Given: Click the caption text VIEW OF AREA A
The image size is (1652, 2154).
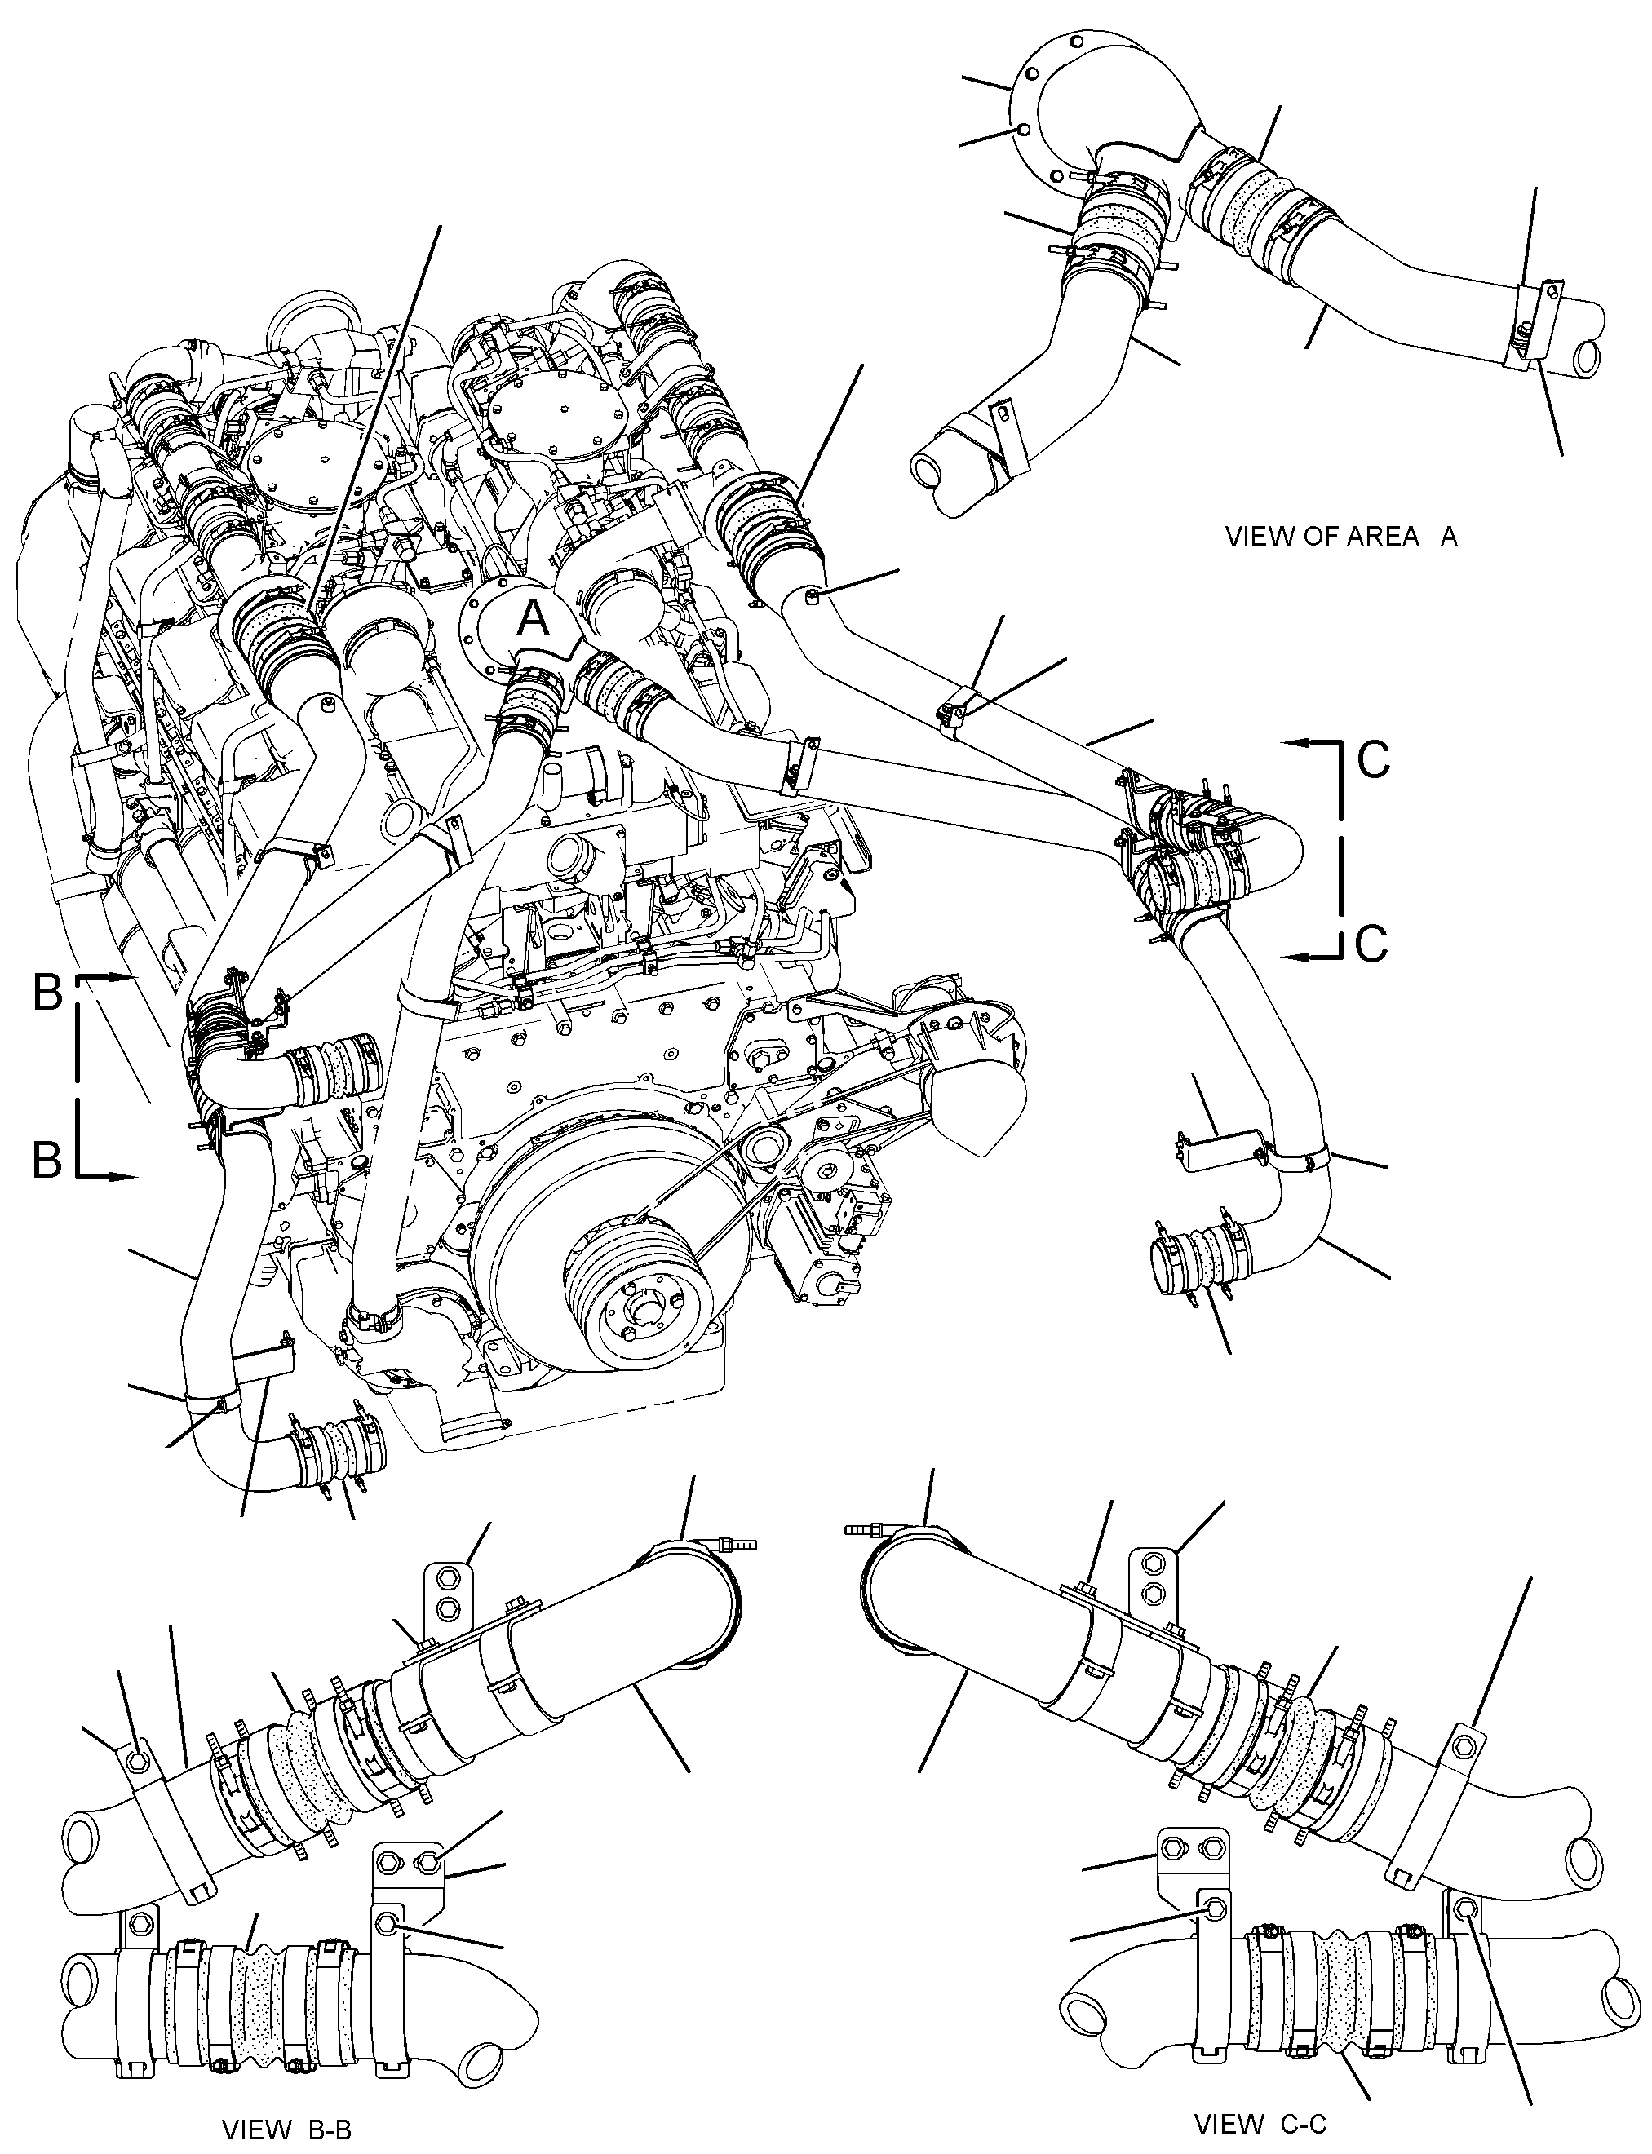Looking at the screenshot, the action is click(x=1341, y=537).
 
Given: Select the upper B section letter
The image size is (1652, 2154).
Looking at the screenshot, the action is click(x=48, y=993).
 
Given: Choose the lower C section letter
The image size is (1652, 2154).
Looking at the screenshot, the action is click(x=1371, y=943).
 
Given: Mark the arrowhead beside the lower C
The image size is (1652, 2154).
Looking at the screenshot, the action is click(x=1297, y=956).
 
